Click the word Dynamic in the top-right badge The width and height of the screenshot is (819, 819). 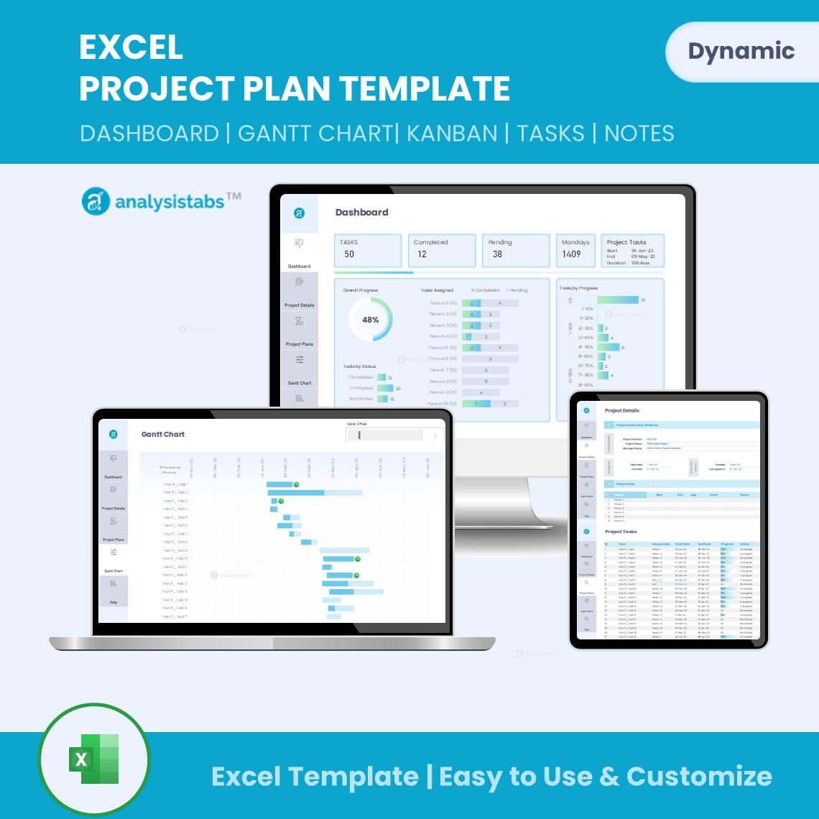pos(741,51)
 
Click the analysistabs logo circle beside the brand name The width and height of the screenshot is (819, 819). pos(96,202)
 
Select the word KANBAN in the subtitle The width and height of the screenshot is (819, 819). pos(451,133)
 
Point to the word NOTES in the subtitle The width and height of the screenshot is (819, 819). pos(639,133)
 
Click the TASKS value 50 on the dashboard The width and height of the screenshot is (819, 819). pos(349,254)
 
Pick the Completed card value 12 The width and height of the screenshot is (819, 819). pos(422,254)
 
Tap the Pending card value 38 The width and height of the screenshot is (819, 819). pos(497,254)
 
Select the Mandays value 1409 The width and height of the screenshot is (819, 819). pos(571,254)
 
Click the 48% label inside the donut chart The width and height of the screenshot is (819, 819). pos(371,320)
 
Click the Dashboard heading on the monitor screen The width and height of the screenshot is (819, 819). pos(361,213)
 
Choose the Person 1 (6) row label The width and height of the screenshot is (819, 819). pos(443,303)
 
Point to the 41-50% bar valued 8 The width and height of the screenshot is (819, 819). pos(609,347)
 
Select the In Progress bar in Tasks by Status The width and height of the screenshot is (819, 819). pos(385,388)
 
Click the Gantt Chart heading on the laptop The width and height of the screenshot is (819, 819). pos(163,435)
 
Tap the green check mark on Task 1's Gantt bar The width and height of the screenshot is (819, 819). pos(297,484)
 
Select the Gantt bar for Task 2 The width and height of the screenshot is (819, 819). pos(314,493)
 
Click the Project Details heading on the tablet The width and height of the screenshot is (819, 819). pos(621,411)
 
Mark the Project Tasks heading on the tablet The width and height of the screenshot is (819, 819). pos(621,532)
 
